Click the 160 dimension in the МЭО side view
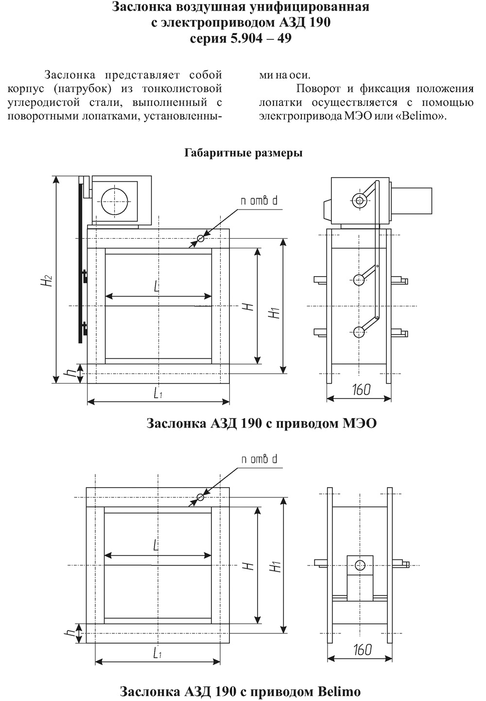point(361,389)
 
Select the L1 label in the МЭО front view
point(157,394)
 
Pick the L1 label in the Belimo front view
point(157,653)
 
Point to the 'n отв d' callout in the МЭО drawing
point(259,200)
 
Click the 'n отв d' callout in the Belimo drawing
point(259,459)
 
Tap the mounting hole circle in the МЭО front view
point(200,238)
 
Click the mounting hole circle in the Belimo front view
point(200,497)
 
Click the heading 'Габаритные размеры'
point(243,153)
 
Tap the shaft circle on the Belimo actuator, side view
point(360,564)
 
